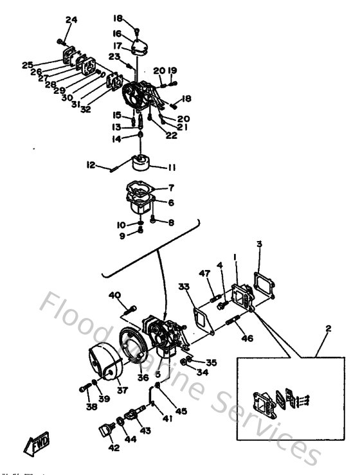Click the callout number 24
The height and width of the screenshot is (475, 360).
pos(71,20)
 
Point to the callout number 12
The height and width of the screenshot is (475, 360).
pos(91,165)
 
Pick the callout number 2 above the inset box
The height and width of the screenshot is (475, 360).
pos(328,328)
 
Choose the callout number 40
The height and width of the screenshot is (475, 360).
pos(114,295)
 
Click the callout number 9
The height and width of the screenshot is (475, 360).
pos(122,236)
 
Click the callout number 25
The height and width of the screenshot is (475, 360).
pos(26,64)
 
